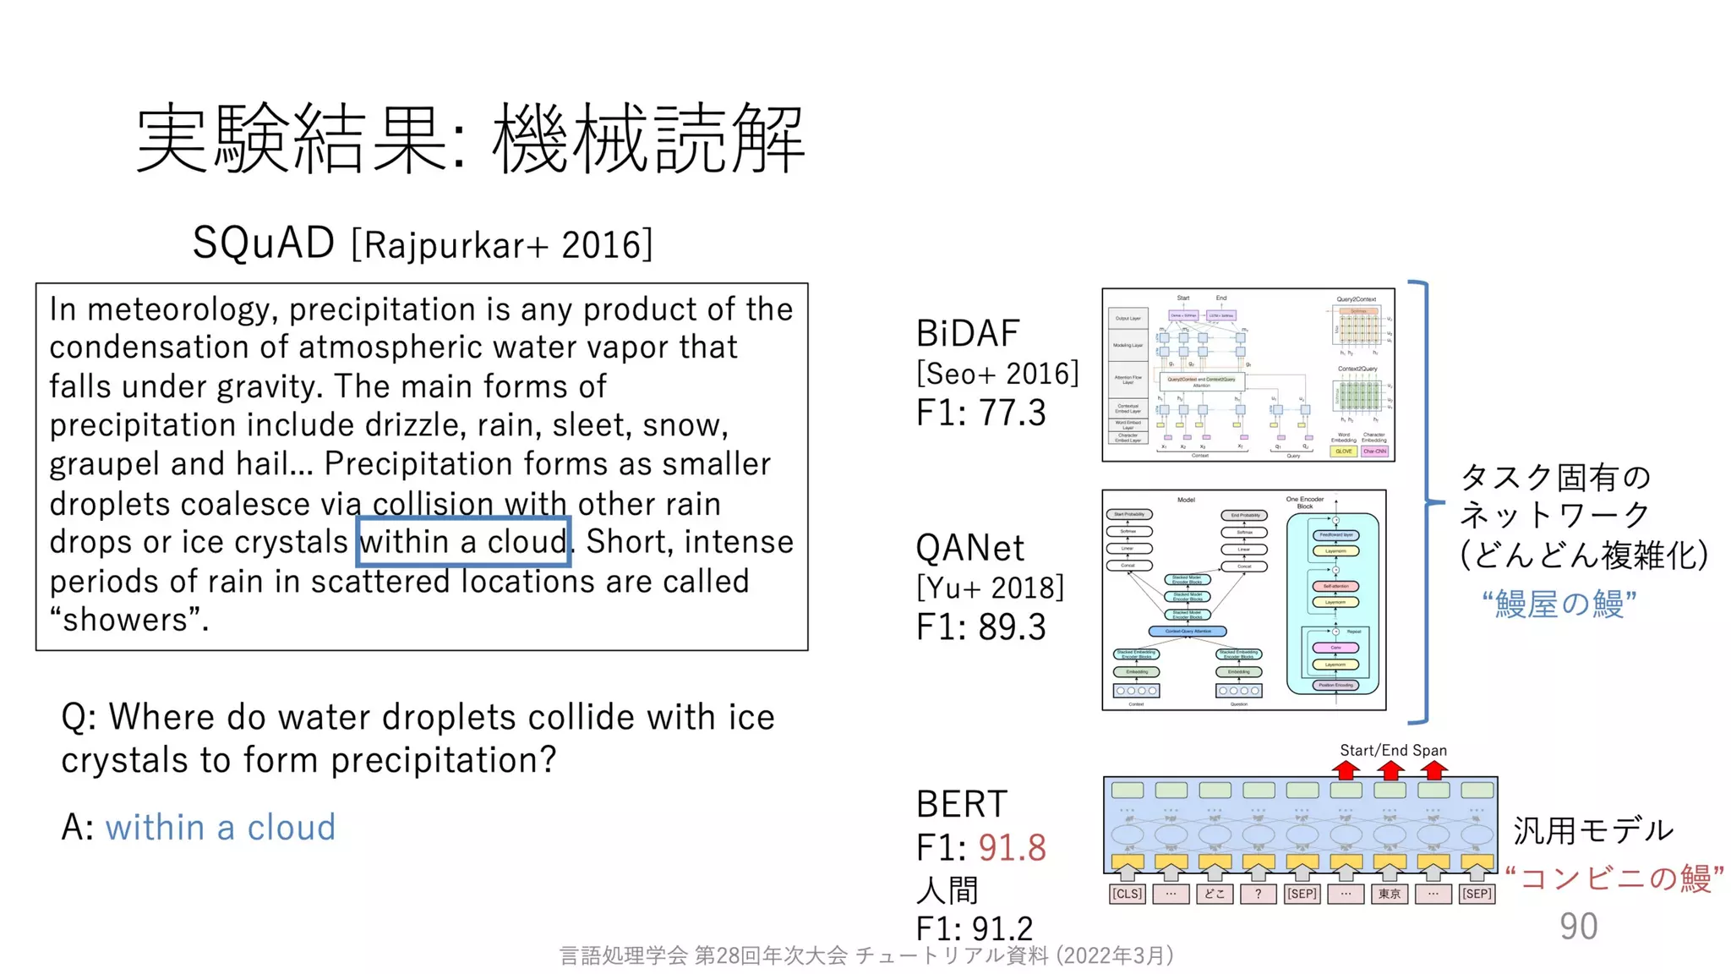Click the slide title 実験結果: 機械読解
click(x=470, y=138)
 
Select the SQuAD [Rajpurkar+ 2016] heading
click(x=423, y=243)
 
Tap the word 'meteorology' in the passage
click(x=180, y=309)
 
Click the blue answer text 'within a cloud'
click(x=220, y=827)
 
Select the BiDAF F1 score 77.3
click(x=1012, y=413)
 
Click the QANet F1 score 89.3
click(x=1012, y=627)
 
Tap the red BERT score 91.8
click(x=1012, y=847)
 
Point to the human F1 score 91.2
click(x=1004, y=928)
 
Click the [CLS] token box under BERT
click(x=1127, y=894)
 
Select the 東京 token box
click(x=1390, y=894)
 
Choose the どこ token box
click(x=1215, y=894)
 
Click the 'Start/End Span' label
click(x=1393, y=750)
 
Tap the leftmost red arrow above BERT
click(x=1346, y=769)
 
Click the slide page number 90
click(x=1578, y=927)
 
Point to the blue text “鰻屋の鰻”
click(x=1559, y=604)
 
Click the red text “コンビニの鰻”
click(x=1614, y=878)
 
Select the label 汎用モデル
click(x=1592, y=830)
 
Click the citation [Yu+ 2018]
click(x=990, y=588)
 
